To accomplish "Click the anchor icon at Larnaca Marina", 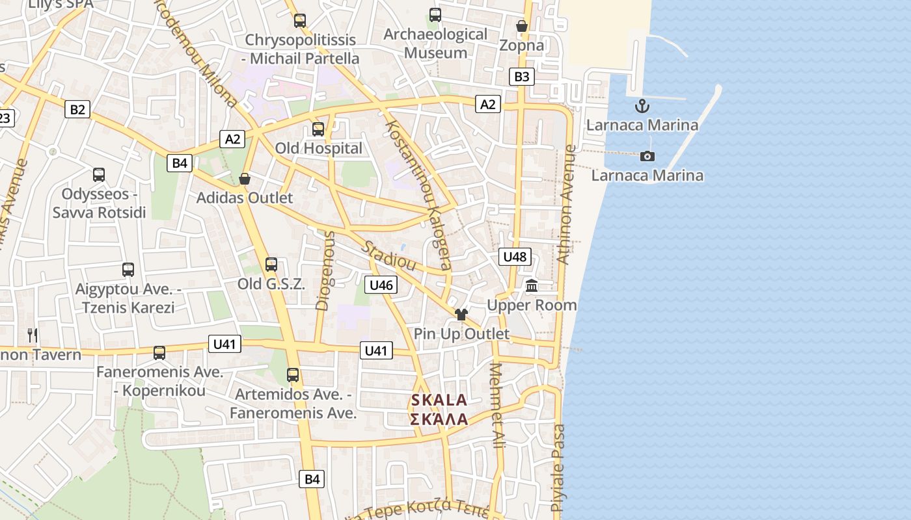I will pyautogui.click(x=642, y=105).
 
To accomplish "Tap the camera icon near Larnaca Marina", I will pyautogui.click(x=647, y=156).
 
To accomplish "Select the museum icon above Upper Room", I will pyautogui.click(x=532, y=285).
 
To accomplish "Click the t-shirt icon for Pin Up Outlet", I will pyautogui.click(x=461, y=315).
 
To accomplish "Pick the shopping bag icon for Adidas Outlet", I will pyautogui.click(x=245, y=178).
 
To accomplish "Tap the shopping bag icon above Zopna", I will pyautogui.click(x=521, y=26).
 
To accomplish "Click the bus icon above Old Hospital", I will pyautogui.click(x=318, y=129).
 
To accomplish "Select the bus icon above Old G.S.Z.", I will pyautogui.click(x=271, y=265).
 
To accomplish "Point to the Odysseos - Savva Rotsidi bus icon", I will pyautogui.click(x=99, y=174).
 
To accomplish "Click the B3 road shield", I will pyautogui.click(x=522, y=77).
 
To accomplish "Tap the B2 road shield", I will pyautogui.click(x=77, y=109).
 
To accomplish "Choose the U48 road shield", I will pyautogui.click(x=515, y=257).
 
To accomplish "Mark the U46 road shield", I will pyautogui.click(x=381, y=285).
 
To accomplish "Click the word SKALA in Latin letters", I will pyautogui.click(x=439, y=400).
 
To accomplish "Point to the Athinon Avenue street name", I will pyautogui.click(x=567, y=205).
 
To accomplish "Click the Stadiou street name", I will pyautogui.click(x=388, y=255).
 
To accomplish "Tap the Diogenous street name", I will pyautogui.click(x=325, y=270).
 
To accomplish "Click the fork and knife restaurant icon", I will pyautogui.click(x=33, y=335).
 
